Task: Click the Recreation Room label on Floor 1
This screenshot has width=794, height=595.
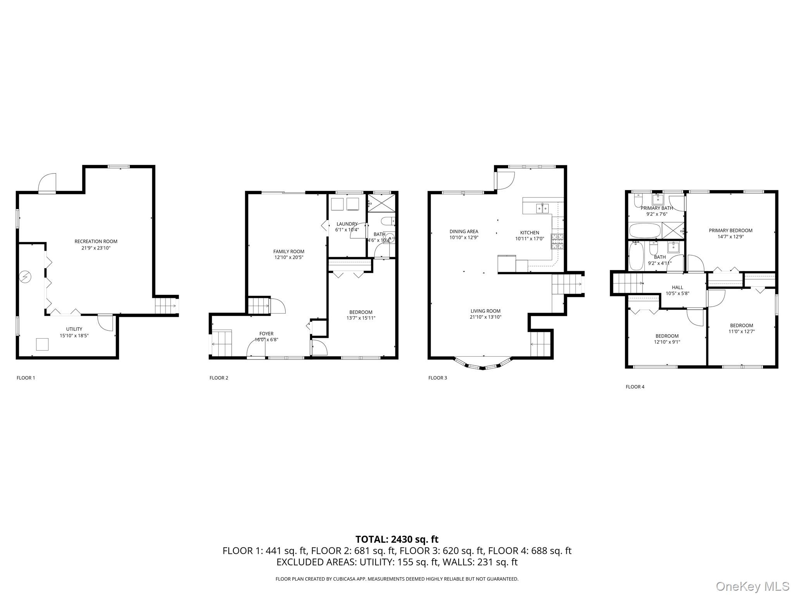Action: [x=96, y=241]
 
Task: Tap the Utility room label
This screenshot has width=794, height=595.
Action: [x=74, y=329]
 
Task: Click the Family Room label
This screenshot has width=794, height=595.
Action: [x=289, y=251]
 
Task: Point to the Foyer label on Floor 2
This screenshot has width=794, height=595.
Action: [x=266, y=334]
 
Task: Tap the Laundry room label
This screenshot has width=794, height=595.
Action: [x=347, y=224]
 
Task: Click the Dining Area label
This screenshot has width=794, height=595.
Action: [x=464, y=232]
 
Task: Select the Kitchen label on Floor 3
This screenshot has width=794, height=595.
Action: [x=530, y=233]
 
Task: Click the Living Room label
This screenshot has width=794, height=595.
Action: [x=485, y=311]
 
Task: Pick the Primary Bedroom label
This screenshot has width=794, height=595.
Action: [x=730, y=230]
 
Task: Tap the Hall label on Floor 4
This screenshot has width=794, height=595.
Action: [x=677, y=287]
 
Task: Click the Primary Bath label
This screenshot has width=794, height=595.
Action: [x=657, y=208]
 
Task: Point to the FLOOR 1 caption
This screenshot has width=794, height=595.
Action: [x=26, y=378]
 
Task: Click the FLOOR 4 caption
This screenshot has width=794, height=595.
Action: [x=635, y=387]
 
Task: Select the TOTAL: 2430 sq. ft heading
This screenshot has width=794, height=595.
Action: [x=397, y=539]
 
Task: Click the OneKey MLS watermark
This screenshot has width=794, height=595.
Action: [x=753, y=586]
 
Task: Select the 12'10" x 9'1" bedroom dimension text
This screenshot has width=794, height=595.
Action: [x=667, y=342]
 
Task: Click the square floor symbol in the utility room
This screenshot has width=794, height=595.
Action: [x=42, y=344]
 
